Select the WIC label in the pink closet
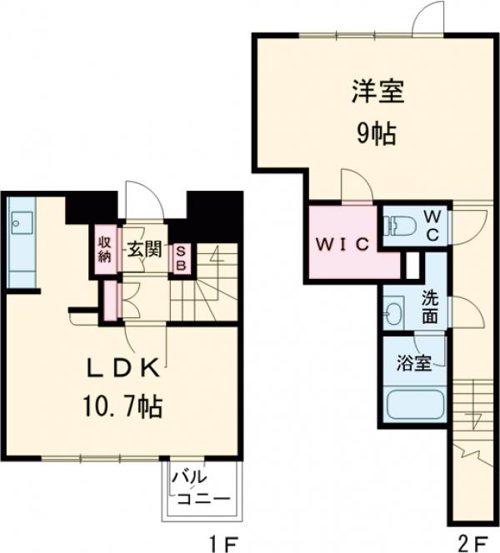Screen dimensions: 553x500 [x=341, y=244]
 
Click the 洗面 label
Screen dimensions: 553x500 [x=431, y=306]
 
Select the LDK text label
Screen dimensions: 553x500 [x=126, y=368]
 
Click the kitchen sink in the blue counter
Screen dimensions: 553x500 [x=20, y=222]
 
